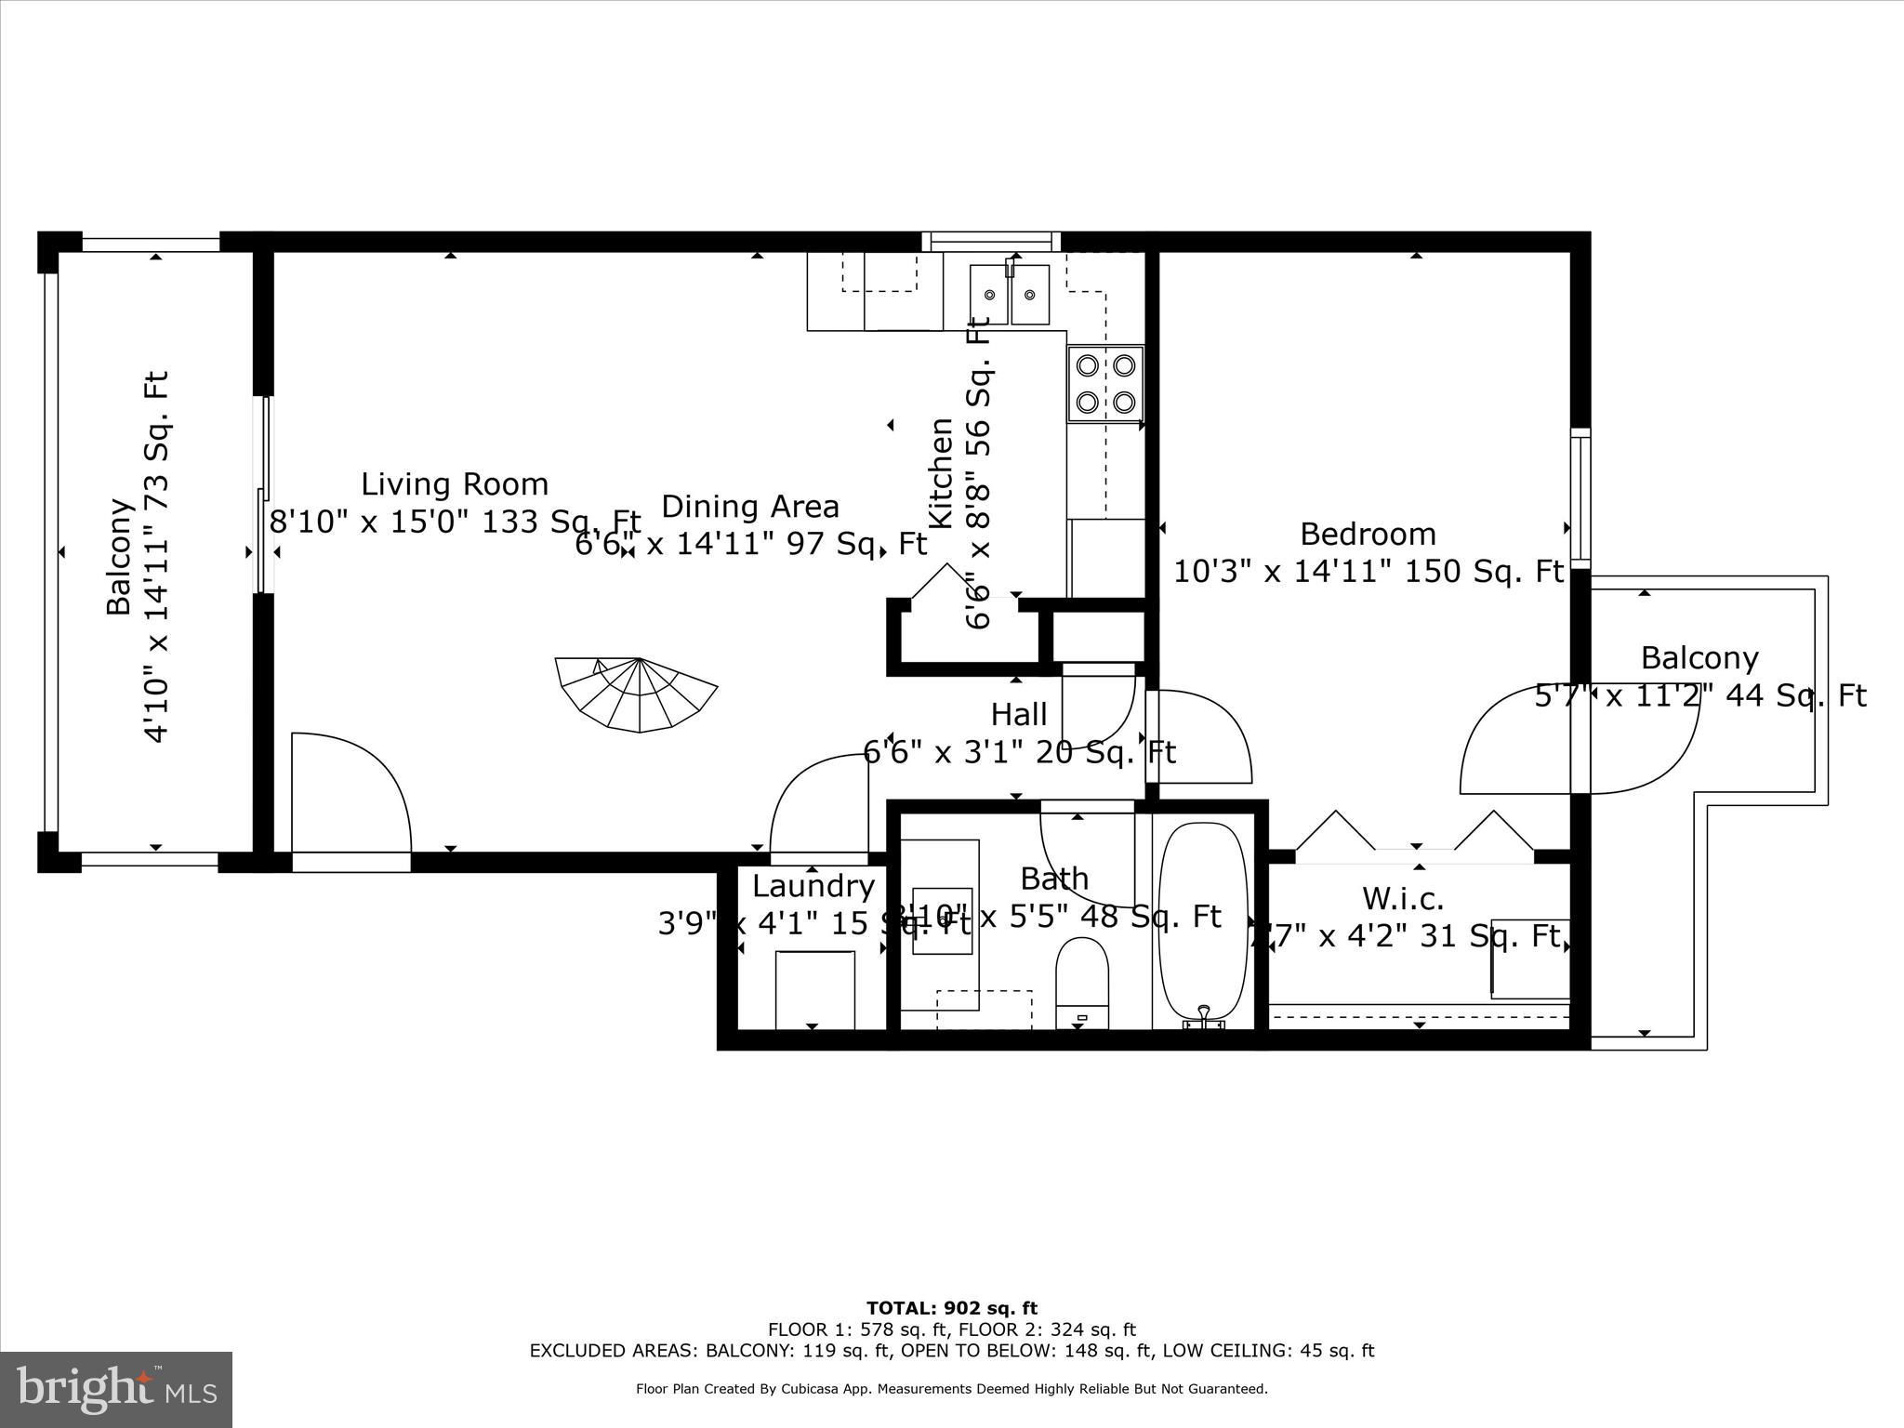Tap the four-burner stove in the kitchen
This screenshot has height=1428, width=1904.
click(x=1104, y=384)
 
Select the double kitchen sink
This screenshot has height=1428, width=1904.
click(x=1009, y=295)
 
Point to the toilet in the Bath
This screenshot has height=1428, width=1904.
click(x=1082, y=982)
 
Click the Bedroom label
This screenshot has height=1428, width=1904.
click(x=1368, y=534)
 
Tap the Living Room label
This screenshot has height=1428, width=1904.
click(x=455, y=484)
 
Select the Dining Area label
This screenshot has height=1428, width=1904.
click(x=749, y=507)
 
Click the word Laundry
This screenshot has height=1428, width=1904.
click(x=813, y=886)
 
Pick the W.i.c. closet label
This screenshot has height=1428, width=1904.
click(x=1403, y=898)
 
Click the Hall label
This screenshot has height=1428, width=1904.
click(x=1019, y=714)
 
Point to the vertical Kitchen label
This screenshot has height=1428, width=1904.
click(x=942, y=473)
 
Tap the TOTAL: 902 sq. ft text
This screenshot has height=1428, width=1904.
click(x=951, y=1309)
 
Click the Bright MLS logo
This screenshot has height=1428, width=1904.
click(x=116, y=1389)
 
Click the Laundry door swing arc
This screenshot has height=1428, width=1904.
click(x=818, y=803)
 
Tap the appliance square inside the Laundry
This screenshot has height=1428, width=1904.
click(x=814, y=989)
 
